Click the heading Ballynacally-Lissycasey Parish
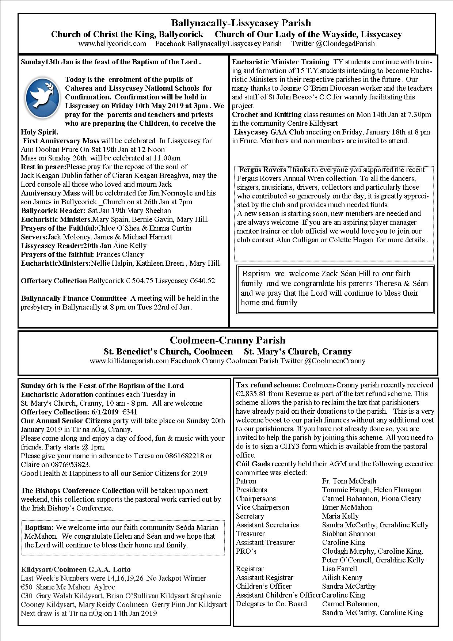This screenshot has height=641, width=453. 241,23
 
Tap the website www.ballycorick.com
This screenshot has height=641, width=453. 112,44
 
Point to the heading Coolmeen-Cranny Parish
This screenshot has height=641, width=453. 228,341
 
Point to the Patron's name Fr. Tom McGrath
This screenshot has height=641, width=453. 349,481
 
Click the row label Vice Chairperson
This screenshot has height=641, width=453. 262,508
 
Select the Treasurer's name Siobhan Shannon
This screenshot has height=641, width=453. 349,534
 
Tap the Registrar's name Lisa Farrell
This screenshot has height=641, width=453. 339,569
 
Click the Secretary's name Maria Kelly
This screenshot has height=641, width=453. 340,516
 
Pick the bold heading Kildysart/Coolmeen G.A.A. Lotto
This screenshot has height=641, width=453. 76,569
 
